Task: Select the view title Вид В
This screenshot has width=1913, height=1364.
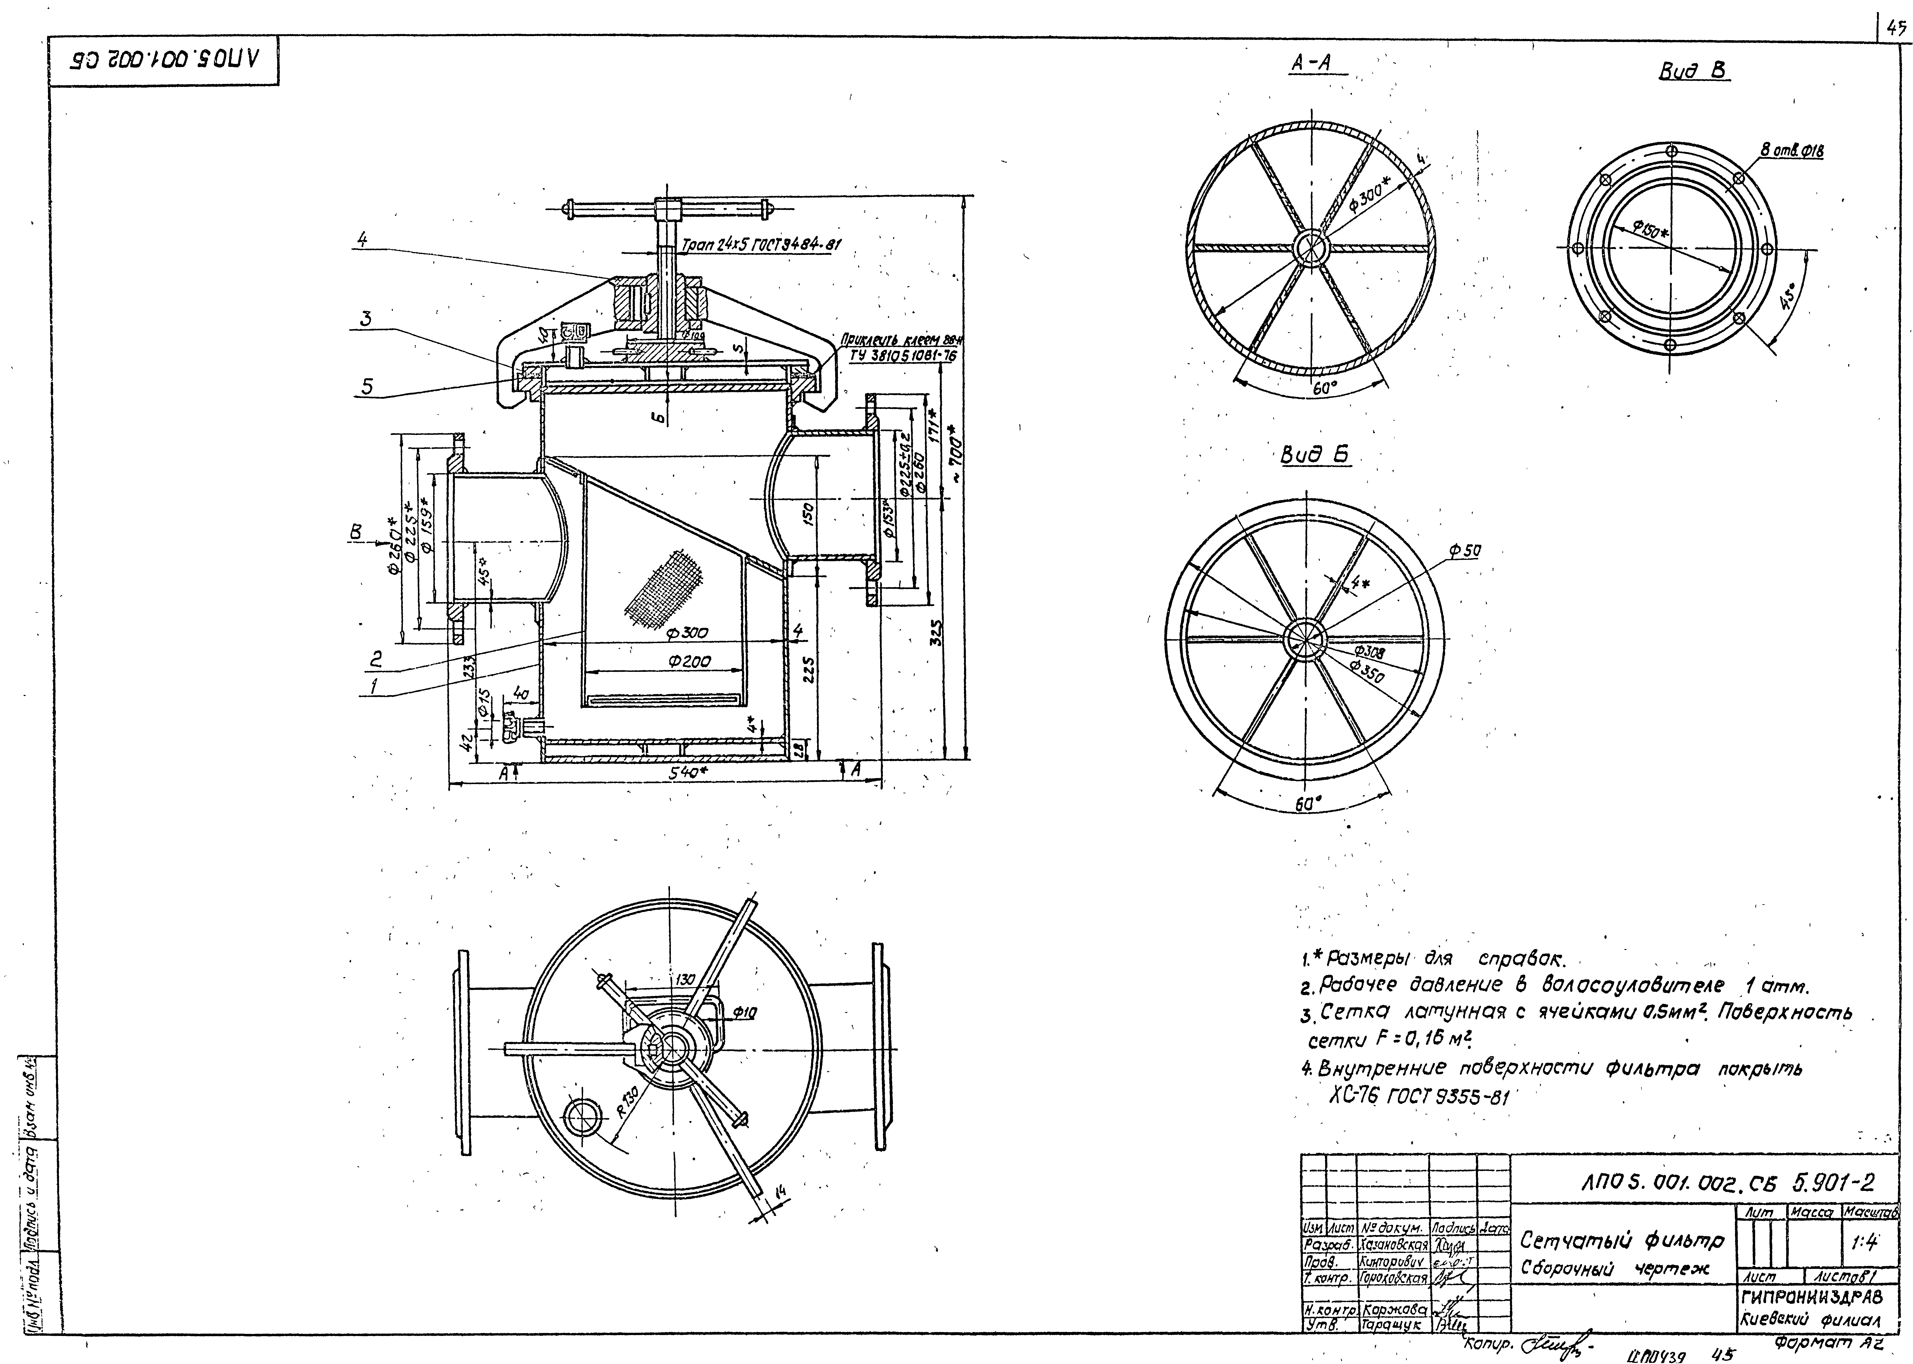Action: pyautogui.click(x=1694, y=71)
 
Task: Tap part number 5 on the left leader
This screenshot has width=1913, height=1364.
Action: pyautogui.click(x=367, y=387)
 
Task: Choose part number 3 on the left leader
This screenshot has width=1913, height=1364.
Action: pyautogui.click(x=365, y=319)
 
